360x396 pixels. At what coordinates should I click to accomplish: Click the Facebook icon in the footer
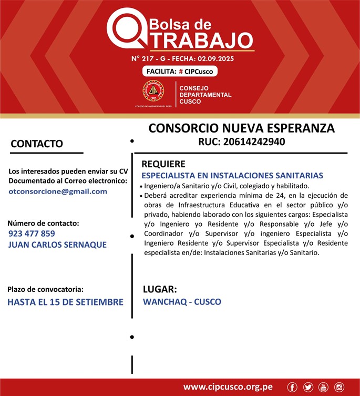[x=293, y=387]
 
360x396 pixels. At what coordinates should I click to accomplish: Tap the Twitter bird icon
[x=308, y=387]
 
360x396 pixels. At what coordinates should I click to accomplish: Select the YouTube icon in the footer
[x=323, y=387]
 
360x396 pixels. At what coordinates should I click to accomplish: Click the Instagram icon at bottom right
[x=339, y=387]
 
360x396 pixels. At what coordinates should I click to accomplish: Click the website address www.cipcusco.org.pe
[x=228, y=387]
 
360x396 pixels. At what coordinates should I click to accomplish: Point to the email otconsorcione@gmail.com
[x=58, y=191]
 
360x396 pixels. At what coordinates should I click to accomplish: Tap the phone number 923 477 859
[x=32, y=233]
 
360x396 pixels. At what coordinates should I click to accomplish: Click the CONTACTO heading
[x=37, y=144]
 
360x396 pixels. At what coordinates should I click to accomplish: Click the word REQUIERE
[x=163, y=164]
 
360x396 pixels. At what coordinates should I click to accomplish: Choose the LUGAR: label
[x=160, y=289]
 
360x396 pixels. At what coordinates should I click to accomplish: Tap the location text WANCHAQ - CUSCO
[x=182, y=302]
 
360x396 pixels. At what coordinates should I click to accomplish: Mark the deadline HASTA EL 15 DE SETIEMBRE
[x=65, y=302]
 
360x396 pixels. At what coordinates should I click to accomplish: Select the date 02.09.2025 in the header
[x=213, y=58]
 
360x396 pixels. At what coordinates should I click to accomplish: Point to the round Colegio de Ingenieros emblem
[x=153, y=92]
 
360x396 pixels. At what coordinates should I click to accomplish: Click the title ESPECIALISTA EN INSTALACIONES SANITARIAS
[x=232, y=175]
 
